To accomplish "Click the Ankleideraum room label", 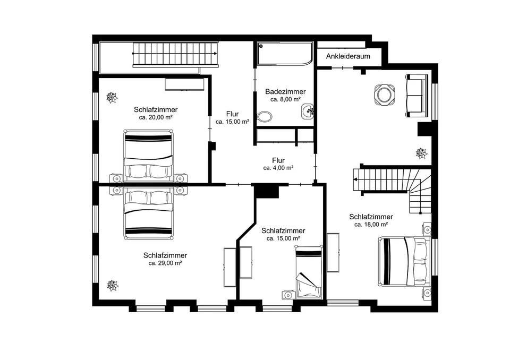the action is (348, 56).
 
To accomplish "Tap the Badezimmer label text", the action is (285, 92).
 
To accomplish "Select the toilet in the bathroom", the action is (265, 116).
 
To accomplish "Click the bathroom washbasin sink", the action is (308, 112).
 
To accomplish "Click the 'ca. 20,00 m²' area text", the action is (156, 117).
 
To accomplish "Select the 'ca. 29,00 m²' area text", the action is (165, 263).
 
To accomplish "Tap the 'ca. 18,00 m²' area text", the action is (371, 225).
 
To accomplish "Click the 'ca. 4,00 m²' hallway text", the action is (278, 168).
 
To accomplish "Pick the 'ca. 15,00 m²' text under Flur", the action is (232, 122).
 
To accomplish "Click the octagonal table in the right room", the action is (385, 95).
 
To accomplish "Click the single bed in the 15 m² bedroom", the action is (308, 272).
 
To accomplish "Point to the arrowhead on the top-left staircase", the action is (216, 54).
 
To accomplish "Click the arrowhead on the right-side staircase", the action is (356, 179).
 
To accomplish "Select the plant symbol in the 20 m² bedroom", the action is (112, 97).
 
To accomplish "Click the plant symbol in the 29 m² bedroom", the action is (113, 286).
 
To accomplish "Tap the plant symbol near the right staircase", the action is (421, 153).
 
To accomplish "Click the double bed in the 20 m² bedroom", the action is (148, 156).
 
